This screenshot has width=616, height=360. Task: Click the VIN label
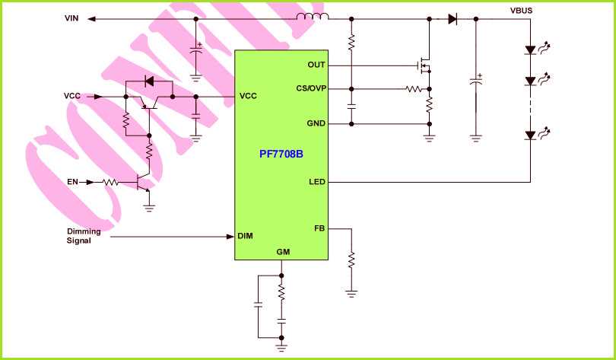click(x=72, y=18)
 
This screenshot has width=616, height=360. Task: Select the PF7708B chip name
click(x=281, y=153)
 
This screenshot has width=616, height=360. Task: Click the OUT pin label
click(x=316, y=65)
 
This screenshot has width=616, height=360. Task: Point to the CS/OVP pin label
click(x=310, y=88)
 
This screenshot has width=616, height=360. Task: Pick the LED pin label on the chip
click(x=317, y=182)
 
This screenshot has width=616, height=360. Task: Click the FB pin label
click(x=319, y=228)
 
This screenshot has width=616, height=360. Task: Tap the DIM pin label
click(x=245, y=236)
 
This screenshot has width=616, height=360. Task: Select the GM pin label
click(x=281, y=252)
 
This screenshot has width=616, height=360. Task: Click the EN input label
click(x=73, y=182)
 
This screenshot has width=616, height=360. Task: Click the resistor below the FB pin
click(x=351, y=260)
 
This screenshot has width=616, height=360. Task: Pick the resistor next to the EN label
click(x=111, y=182)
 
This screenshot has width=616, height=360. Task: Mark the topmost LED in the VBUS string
click(x=531, y=51)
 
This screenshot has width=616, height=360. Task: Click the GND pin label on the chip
click(x=316, y=123)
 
